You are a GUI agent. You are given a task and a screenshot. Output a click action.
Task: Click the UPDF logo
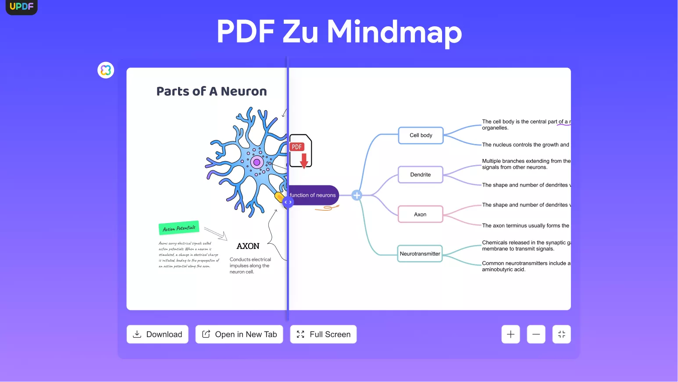[21, 7]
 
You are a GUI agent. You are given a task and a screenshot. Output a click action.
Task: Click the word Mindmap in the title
[394, 32]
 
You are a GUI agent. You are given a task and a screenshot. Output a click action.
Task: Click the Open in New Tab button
[239, 334]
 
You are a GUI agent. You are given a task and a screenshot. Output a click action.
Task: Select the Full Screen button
[323, 334]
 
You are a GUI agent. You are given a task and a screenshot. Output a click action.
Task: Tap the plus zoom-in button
[510, 334]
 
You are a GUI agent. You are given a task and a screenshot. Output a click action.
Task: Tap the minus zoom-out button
[536, 334]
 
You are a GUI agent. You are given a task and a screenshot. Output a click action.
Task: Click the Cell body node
[421, 135]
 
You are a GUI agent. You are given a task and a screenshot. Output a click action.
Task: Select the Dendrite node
[420, 175]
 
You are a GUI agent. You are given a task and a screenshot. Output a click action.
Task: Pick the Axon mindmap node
[420, 214]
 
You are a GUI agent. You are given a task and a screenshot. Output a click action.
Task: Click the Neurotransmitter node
[420, 254]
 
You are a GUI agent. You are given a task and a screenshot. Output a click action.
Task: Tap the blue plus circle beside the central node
[357, 195]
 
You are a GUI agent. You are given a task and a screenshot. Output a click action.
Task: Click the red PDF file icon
[300, 151]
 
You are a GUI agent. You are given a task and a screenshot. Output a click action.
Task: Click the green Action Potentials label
[179, 228]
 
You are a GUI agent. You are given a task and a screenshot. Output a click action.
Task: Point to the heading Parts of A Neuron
[211, 91]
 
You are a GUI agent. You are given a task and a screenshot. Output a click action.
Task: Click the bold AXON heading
[248, 246]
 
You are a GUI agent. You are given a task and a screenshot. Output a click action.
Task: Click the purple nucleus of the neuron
[257, 162]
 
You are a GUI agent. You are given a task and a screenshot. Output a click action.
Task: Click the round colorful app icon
[106, 70]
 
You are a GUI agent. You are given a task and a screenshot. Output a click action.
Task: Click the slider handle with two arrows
[288, 202]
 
